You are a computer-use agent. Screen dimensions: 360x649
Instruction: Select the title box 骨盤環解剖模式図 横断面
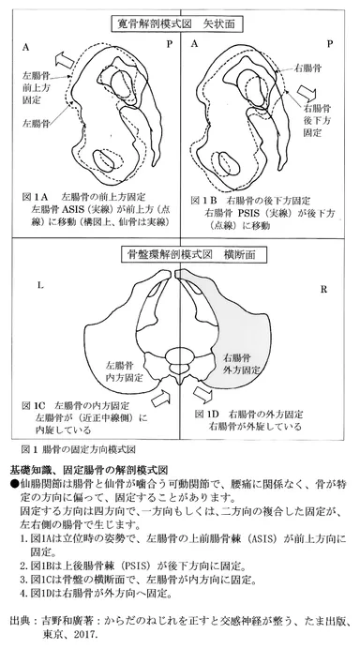pyautogui.click(x=180, y=254)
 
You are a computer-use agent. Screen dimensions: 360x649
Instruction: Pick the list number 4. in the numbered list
pyautogui.click(x=22, y=594)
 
